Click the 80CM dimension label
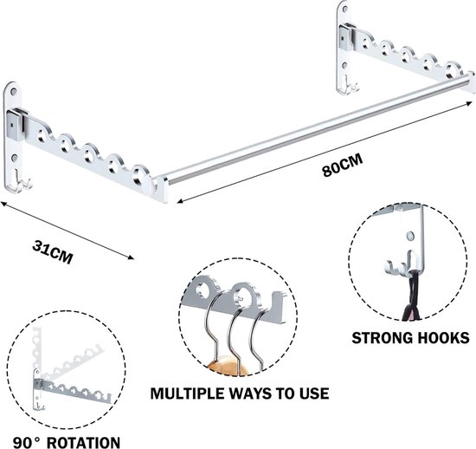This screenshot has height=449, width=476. pos(343,166)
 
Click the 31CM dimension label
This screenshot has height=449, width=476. pos(53,252)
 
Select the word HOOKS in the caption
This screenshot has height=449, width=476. pos(443,338)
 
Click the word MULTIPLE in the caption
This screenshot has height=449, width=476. pos(187,394)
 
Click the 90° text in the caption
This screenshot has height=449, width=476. pos(27,443)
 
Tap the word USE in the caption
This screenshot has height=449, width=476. pos(314,394)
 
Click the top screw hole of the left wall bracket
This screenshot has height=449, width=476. pos(13,91)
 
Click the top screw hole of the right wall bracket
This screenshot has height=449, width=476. pos(344,10)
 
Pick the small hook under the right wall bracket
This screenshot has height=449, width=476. pos(348,87)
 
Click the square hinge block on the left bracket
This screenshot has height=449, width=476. pos(15,125)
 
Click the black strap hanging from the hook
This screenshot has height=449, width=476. pos(410,296)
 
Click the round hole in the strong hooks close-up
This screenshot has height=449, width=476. pos(410,236)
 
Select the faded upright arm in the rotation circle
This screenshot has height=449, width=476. pos(36,347)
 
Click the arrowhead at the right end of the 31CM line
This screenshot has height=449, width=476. pos(131,257)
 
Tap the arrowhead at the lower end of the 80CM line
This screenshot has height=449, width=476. pos(180,201)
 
